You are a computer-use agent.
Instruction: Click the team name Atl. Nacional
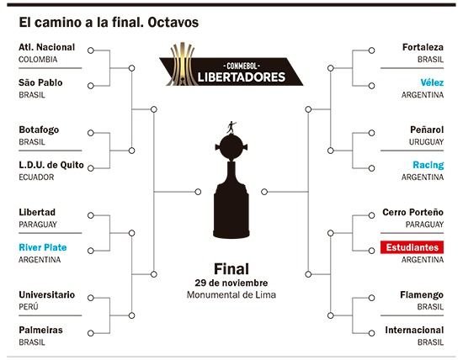point(46,47)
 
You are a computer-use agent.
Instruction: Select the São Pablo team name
point(40,82)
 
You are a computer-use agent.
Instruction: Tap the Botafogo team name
point(39,130)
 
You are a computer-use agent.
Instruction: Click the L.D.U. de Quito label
point(51,165)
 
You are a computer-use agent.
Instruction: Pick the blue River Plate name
point(43,247)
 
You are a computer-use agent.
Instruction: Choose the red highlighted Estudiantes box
point(412,247)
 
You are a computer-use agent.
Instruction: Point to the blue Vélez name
point(432,82)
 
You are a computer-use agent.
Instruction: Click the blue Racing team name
point(428,165)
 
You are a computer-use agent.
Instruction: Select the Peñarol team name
point(427,130)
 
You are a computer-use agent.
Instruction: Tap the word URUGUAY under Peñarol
point(426,142)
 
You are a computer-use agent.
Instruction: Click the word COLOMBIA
point(38,60)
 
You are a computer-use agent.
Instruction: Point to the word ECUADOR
point(36,177)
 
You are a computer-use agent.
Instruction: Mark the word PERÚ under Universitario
point(29,307)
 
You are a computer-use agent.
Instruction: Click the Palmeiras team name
point(40,330)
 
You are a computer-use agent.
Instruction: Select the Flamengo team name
point(422,294)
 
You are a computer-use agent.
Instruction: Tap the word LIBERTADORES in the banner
point(242,77)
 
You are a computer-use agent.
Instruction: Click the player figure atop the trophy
point(231,127)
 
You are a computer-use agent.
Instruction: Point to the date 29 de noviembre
point(231,283)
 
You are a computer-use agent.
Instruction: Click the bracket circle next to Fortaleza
point(371,50)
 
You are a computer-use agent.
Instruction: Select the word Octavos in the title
point(173,23)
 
